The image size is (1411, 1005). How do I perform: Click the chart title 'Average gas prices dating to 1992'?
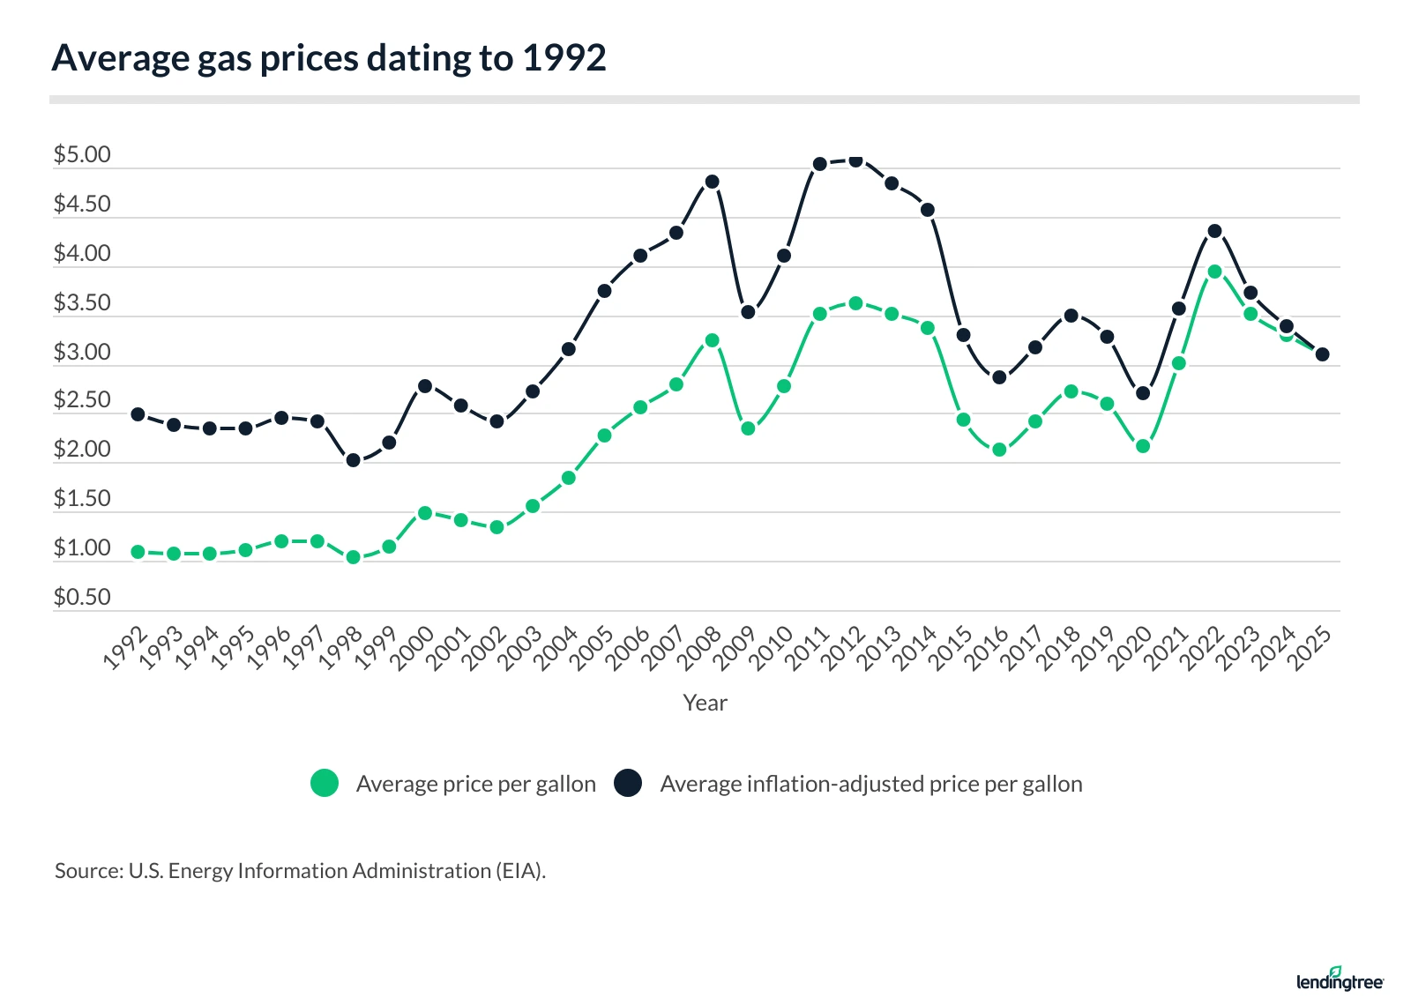(x=329, y=58)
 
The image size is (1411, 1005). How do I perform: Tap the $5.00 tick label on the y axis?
(x=82, y=155)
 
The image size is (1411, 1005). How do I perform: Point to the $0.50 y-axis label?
(x=82, y=598)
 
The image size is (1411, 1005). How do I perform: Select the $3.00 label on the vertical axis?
(x=82, y=353)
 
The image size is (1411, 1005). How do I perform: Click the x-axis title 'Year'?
(x=705, y=703)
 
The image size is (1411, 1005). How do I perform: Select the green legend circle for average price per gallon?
(x=325, y=783)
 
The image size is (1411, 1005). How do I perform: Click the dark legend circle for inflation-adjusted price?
(x=628, y=783)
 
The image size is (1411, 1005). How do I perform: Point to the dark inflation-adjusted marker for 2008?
(x=712, y=182)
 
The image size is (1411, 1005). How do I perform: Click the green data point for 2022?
(x=1214, y=272)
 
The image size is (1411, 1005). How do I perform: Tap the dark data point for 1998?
(x=353, y=460)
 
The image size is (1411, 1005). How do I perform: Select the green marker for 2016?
(x=999, y=450)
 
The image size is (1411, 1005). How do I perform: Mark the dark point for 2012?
(x=855, y=160)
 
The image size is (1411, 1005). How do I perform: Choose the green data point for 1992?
(x=138, y=552)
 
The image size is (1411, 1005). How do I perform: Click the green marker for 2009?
(x=748, y=428)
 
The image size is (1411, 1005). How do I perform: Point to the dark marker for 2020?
(x=1143, y=393)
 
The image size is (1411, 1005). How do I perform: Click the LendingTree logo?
(x=1340, y=979)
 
